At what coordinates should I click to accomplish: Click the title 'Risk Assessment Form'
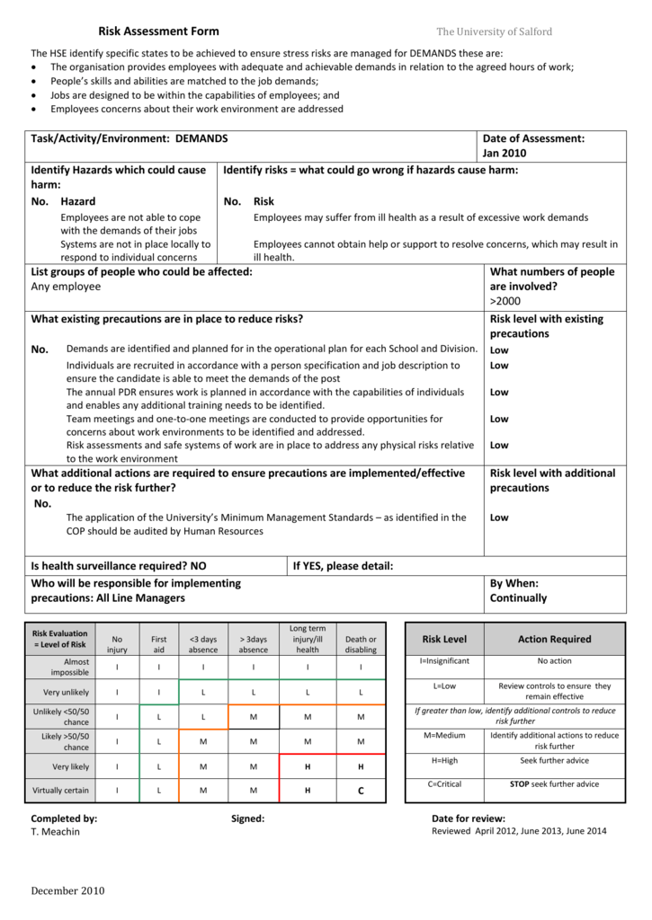(x=158, y=31)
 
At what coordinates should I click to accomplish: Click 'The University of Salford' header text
(x=494, y=31)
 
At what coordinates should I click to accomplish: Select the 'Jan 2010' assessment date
(x=505, y=154)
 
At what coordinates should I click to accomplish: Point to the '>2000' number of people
(x=505, y=301)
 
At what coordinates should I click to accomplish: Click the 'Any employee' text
(x=66, y=287)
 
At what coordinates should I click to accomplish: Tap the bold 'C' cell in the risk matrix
(x=361, y=791)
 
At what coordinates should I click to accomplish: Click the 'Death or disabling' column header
(x=361, y=644)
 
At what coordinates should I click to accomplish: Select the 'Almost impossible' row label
(x=70, y=667)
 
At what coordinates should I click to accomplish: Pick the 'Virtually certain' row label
(x=61, y=791)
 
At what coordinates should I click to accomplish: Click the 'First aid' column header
(x=159, y=644)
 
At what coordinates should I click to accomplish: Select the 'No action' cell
(x=554, y=660)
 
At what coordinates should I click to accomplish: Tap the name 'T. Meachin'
(x=55, y=832)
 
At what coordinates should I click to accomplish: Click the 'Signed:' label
(x=247, y=818)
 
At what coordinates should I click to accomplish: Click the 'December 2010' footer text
(x=67, y=891)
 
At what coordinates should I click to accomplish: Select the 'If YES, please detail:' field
(x=344, y=566)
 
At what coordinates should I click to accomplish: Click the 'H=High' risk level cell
(x=438, y=760)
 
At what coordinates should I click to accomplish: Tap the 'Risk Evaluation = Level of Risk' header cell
(x=60, y=638)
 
